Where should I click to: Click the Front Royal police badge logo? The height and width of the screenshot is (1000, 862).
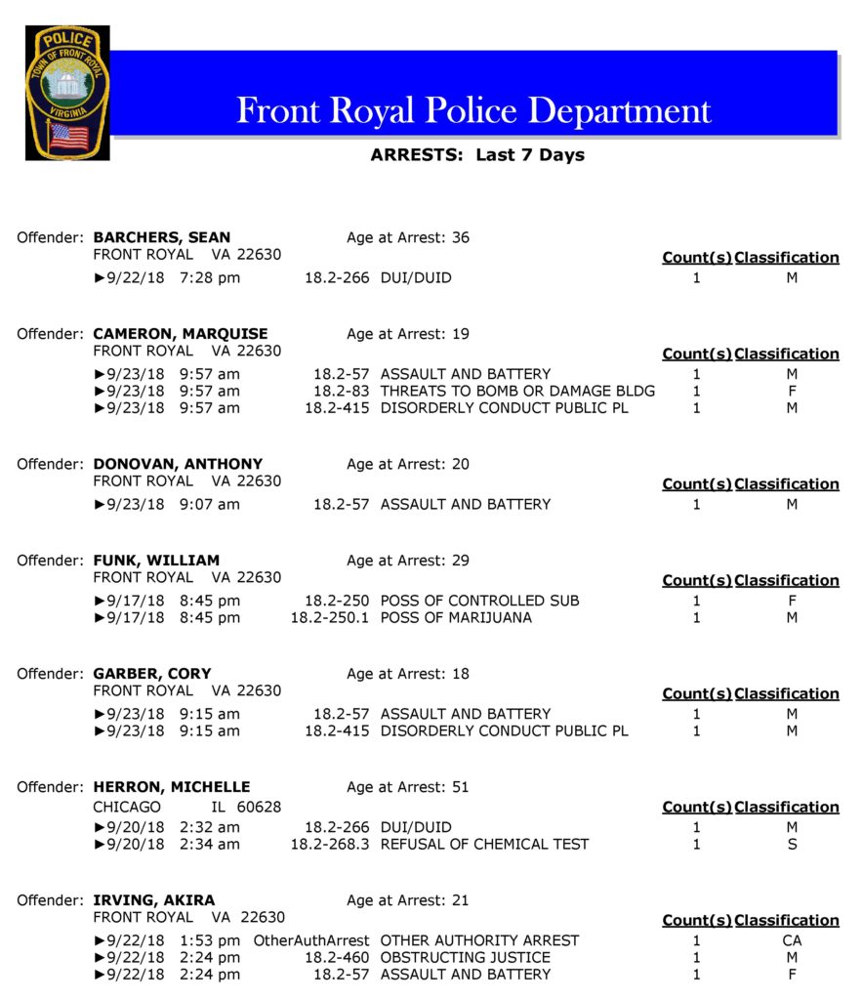point(67,93)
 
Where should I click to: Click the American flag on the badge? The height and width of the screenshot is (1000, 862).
point(67,135)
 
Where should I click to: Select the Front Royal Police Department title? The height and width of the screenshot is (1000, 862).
point(473,109)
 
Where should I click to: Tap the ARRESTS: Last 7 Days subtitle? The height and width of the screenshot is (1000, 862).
point(477,154)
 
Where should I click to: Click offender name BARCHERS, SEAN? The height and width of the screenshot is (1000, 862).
point(162,237)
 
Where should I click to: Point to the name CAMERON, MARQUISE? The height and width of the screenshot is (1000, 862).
point(181,334)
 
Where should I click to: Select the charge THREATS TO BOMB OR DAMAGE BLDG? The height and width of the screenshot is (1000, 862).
point(517,391)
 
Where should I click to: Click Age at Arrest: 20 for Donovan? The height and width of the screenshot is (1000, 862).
point(407,464)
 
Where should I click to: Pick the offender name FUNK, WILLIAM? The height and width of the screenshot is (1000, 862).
point(156,561)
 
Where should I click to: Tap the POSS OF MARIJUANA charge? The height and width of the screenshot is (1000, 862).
point(456,617)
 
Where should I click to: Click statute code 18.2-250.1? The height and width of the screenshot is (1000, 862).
point(330,617)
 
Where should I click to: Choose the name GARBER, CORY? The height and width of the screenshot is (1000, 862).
point(152,674)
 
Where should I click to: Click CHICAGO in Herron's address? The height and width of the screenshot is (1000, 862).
point(127,807)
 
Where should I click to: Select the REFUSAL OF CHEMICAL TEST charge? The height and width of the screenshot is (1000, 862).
point(484,844)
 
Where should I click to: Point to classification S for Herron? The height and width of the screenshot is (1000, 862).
point(792,844)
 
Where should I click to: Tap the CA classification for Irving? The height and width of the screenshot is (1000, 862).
point(792,940)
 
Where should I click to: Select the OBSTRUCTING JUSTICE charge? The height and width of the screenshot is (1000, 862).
point(465,957)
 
